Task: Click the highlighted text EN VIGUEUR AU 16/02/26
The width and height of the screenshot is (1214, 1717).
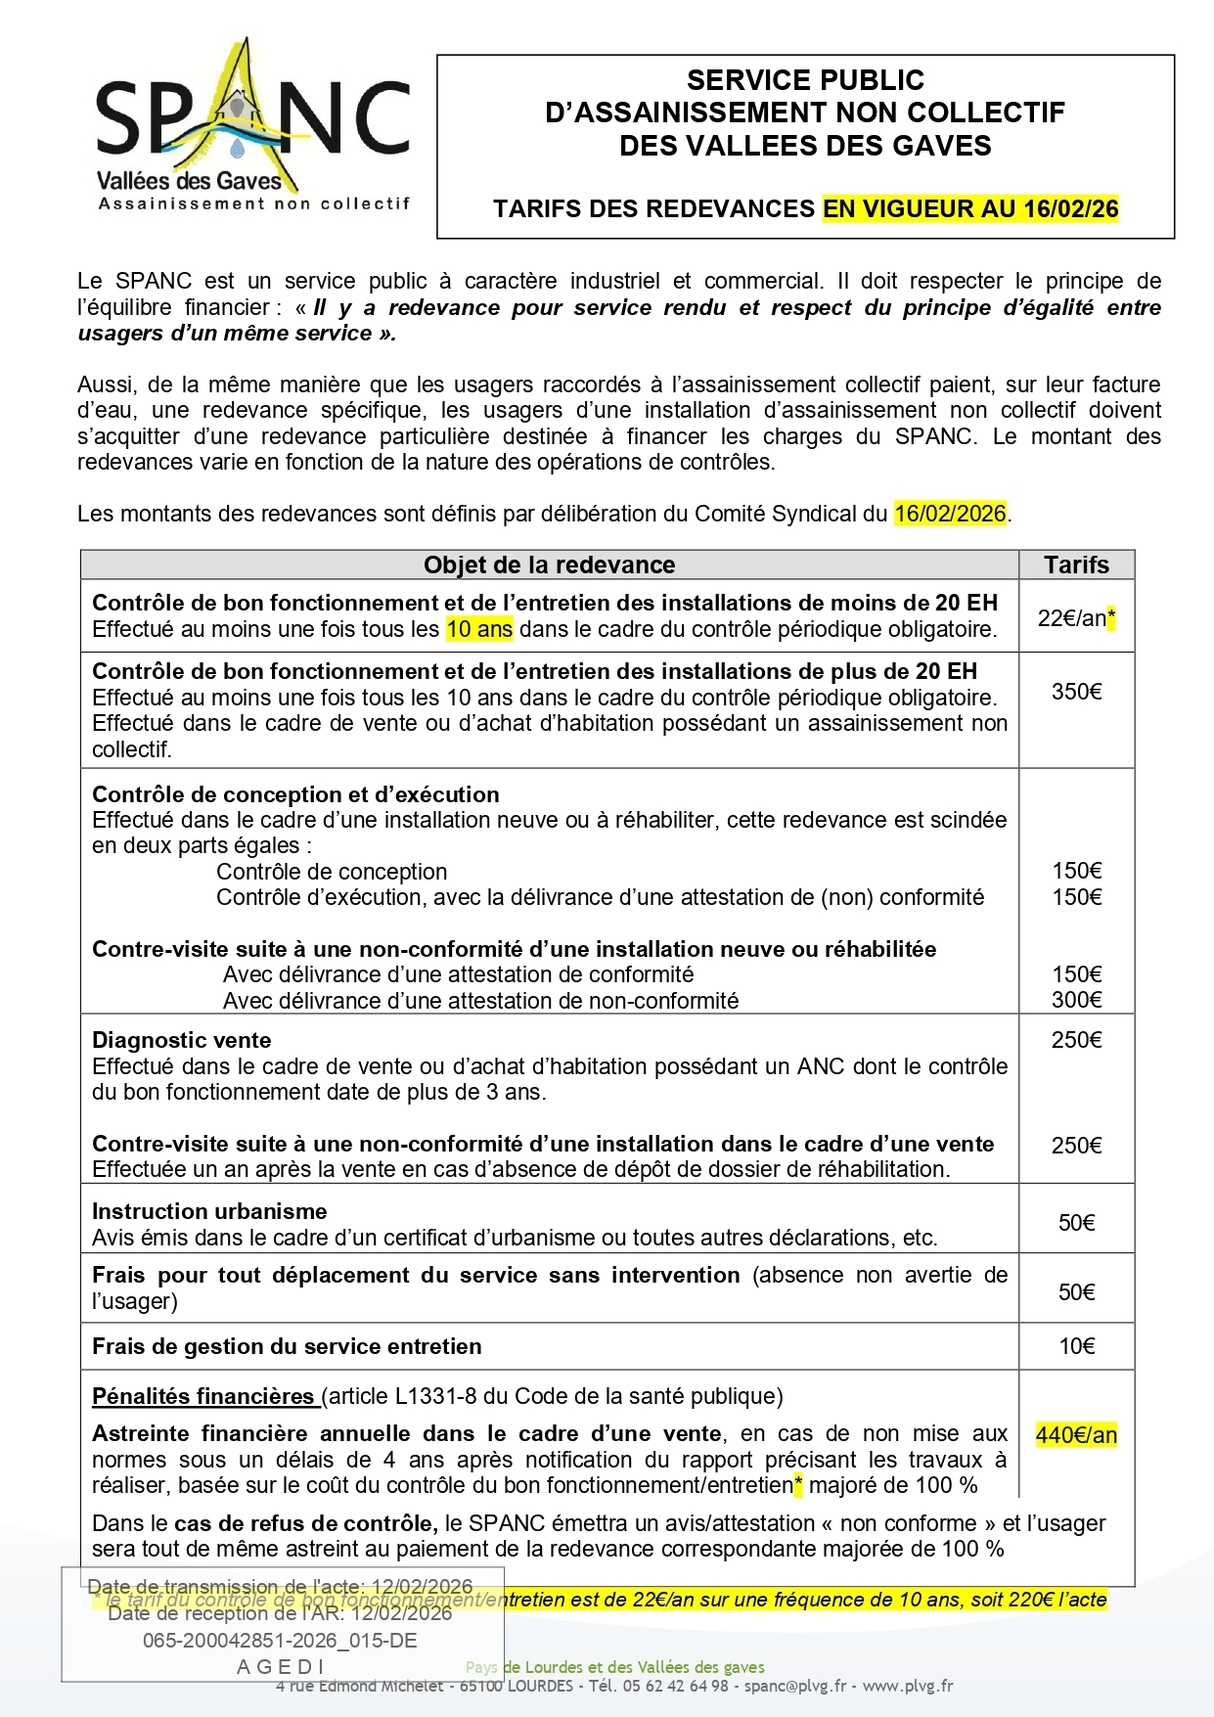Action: pyautogui.click(x=969, y=208)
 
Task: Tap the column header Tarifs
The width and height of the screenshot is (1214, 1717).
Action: pyautogui.click(x=1076, y=565)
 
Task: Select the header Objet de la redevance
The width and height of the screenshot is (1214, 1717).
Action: pyautogui.click(x=549, y=565)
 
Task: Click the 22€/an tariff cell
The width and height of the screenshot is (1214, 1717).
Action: pyautogui.click(x=1075, y=618)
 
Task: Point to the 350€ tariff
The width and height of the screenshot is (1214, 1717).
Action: pyautogui.click(x=1076, y=692)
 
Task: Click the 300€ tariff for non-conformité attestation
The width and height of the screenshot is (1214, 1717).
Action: pyautogui.click(x=1076, y=1000)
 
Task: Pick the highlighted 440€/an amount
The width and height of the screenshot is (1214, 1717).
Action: pyautogui.click(x=1076, y=1435)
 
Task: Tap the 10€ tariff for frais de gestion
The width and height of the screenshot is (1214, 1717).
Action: pyautogui.click(x=1076, y=1346)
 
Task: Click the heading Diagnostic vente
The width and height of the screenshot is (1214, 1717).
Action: pyautogui.click(x=182, y=1040)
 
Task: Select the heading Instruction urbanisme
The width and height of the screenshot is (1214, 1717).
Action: pyautogui.click(x=209, y=1211)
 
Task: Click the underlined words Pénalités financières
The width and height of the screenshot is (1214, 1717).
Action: pyautogui.click(x=203, y=1396)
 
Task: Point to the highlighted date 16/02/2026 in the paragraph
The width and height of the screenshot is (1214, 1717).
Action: pyautogui.click(x=950, y=514)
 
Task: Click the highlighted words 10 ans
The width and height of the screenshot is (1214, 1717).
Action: pyautogui.click(x=479, y=629)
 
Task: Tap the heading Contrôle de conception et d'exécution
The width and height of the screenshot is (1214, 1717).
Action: pyautogui.click(x=295, y=794)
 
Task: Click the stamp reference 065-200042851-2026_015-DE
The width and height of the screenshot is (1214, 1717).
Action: pyautogui.click(x=280, y=1641)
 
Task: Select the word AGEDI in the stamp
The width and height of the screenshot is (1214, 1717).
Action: pyautogui.click(x=281, y=1666)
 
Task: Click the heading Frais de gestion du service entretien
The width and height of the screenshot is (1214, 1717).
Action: pyautogui.click(x=287, y=1346)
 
